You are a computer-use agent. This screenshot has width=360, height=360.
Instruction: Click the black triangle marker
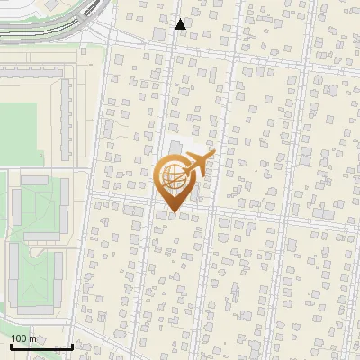(181, 24)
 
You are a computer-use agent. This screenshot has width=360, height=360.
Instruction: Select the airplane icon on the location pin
(197, 165)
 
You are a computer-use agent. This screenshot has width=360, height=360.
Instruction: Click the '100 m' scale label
(23, 338)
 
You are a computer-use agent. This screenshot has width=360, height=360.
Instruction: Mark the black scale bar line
(41, 346)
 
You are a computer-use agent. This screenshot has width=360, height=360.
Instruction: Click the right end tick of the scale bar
(72, 346)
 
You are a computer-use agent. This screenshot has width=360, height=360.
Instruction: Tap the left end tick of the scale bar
(11, 346)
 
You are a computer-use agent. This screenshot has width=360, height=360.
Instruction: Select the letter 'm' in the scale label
(31, 338)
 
